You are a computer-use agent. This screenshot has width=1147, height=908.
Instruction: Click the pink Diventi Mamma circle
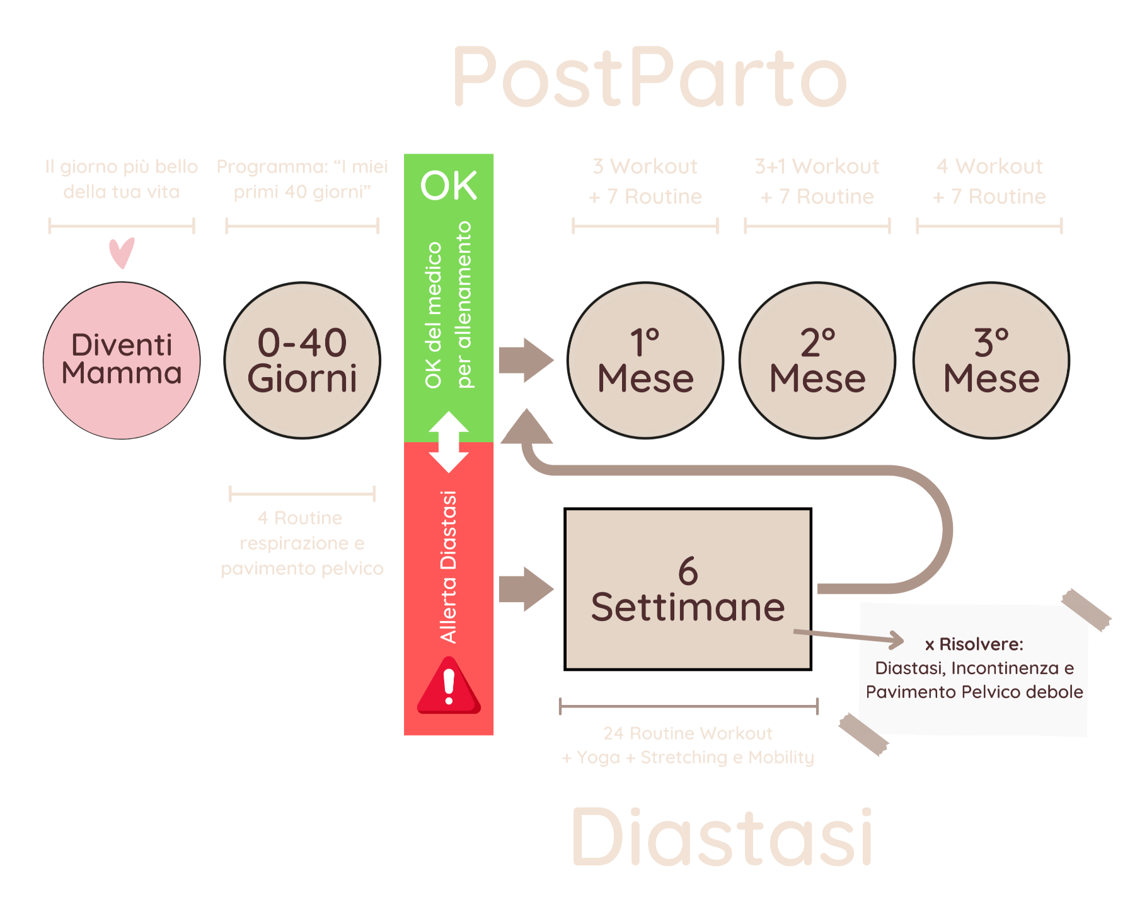(122, 360)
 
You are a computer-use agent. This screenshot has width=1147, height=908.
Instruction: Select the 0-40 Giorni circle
(303, 360)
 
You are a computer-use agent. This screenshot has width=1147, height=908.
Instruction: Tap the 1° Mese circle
(645, 360)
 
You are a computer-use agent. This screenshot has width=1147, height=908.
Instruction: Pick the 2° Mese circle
(817, 360)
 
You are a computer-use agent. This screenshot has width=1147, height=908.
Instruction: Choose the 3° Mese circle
(991, 360)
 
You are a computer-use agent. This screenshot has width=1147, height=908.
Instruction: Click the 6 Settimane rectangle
(688, 588)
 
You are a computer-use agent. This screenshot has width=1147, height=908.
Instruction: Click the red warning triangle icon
(449, 687)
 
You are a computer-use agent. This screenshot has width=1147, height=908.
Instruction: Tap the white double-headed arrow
(449, 442)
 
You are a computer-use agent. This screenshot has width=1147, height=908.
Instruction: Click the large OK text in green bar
(449, 185)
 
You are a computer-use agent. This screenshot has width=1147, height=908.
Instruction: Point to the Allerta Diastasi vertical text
(449, 566)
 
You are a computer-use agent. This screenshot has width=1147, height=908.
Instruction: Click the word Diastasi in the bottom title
(722, 837)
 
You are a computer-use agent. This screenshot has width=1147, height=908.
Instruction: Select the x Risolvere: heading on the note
(974, 644)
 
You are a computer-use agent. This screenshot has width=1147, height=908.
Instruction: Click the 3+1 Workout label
(817, 166)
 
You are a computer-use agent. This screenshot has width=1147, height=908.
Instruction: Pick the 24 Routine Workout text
(688, 733)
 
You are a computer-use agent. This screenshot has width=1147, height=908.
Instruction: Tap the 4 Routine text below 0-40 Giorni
(300, 518)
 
